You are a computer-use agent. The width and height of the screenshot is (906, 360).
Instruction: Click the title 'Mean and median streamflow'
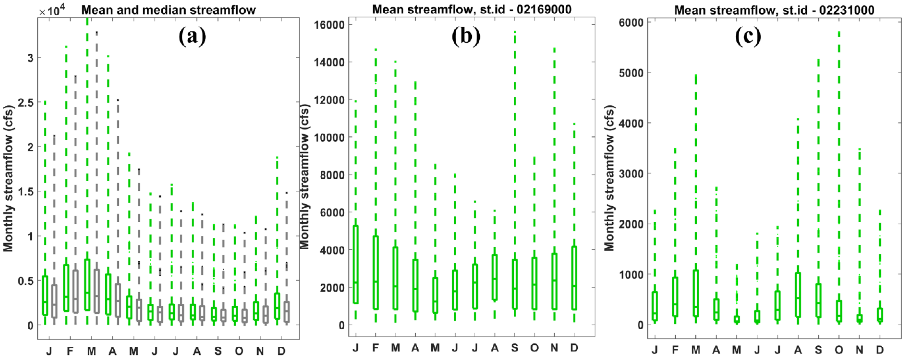168,10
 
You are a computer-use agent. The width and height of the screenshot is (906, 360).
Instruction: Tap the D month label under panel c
880,350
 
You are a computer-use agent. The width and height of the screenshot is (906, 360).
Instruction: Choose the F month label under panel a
70,351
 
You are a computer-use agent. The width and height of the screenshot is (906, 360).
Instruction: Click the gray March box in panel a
96,291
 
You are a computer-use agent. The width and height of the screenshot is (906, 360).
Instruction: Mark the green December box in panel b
574,278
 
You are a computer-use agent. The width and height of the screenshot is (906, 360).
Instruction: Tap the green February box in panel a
66,288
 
